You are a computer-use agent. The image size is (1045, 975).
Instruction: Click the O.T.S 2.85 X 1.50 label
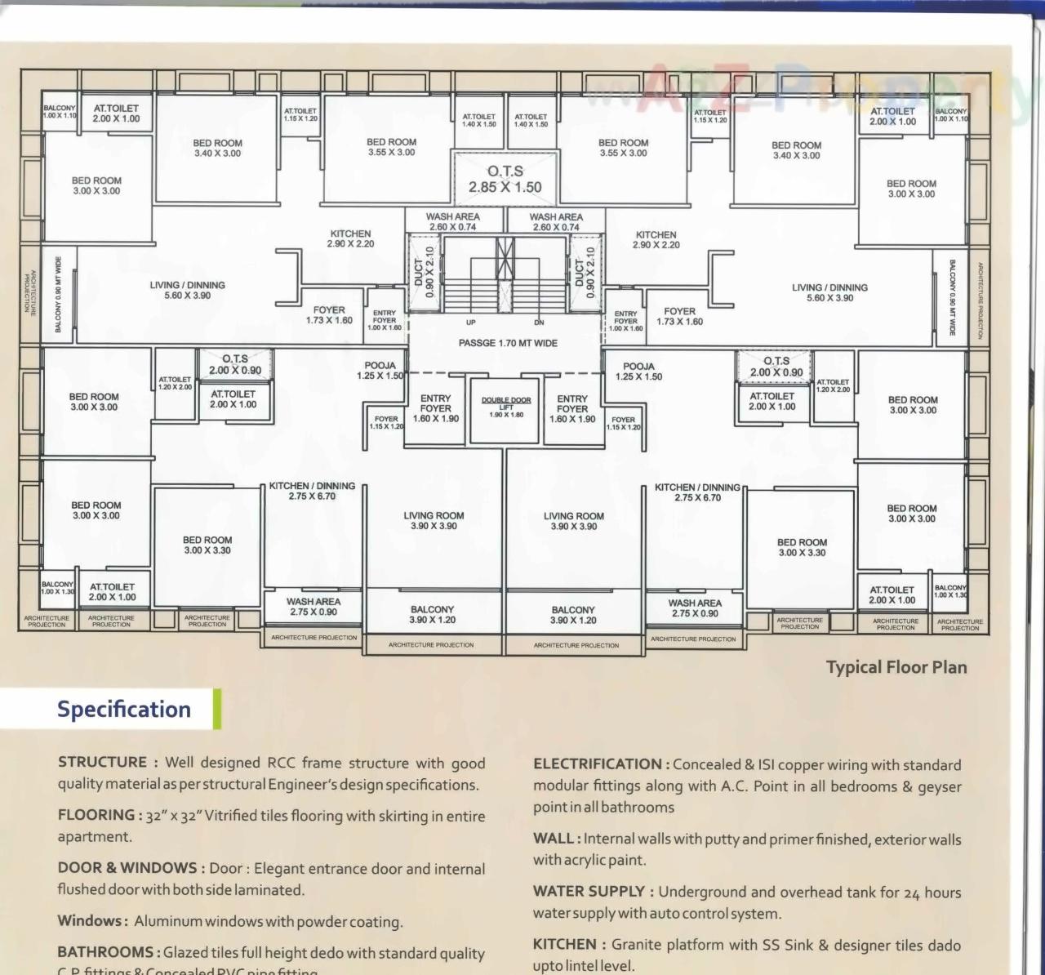[505, 180]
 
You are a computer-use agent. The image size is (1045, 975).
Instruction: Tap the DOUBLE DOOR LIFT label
[506, 407]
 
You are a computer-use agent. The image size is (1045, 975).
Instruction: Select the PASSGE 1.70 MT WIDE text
[508, 343]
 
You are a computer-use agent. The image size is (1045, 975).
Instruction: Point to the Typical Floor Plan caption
[896, 667]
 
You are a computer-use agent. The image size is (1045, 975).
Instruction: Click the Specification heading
[124, 709]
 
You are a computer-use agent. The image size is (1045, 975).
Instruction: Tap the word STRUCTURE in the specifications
[102, 763]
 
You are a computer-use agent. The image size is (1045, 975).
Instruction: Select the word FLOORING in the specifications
[96, 815]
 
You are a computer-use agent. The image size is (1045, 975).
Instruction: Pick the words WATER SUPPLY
[590, 892]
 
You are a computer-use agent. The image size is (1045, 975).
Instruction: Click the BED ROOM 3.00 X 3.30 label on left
[207, 545]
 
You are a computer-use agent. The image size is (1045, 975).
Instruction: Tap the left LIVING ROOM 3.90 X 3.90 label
[434, 521]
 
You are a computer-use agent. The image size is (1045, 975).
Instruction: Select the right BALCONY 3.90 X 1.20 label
[573, 615]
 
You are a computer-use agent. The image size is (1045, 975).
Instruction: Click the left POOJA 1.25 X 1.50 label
[380, 371]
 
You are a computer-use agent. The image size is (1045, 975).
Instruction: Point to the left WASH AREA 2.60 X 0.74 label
[452, 222]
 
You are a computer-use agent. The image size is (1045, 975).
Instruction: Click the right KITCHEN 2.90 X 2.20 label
[656, 239]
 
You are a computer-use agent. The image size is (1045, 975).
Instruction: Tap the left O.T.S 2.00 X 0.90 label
[235, 364]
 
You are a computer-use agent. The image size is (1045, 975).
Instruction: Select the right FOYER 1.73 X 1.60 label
[679, 316]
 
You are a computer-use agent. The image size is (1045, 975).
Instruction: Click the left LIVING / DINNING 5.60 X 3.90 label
[187, 290]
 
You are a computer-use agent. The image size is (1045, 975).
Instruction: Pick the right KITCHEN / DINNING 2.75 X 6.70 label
[697, 492]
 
